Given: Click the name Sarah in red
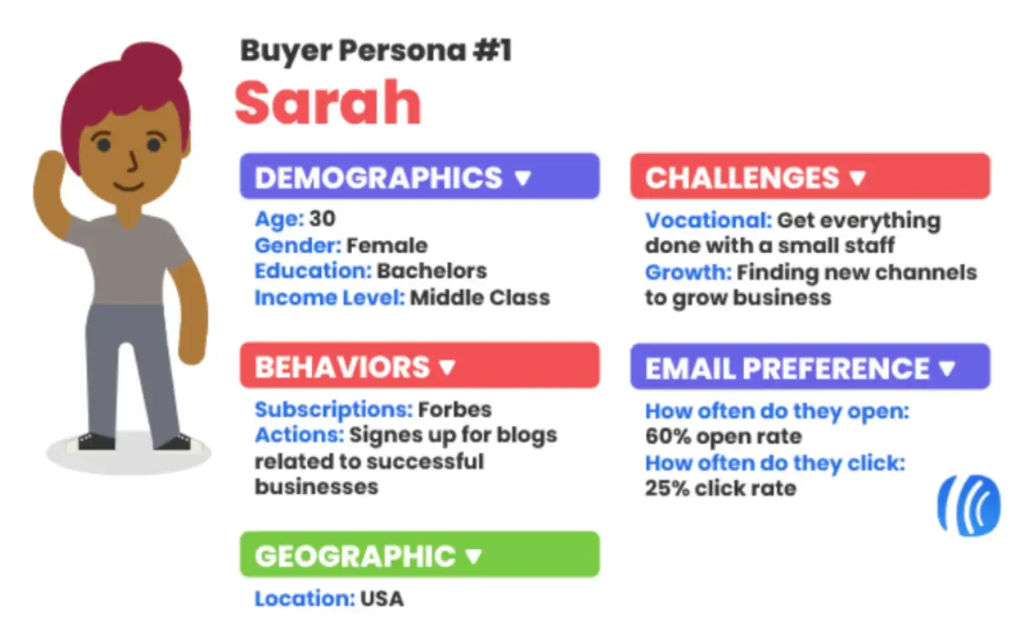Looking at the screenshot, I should pos(328,104).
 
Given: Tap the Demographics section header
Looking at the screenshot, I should pos(419,177).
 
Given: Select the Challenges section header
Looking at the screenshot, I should pos(809,177).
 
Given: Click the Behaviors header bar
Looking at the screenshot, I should pos(419,366).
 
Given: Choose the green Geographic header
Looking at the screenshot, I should pos(419,555).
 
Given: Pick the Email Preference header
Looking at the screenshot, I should pos(809,367).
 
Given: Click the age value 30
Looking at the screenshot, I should pos(322,219).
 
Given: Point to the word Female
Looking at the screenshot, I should pos(387,245).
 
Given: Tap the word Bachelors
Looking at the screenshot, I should pos(431,271).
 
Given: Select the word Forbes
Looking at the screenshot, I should pos(454,409).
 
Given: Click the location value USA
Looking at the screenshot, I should pos(382,599).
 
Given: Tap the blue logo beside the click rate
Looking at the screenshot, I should pos(968,505).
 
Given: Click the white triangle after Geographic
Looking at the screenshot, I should pos(473,556).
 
